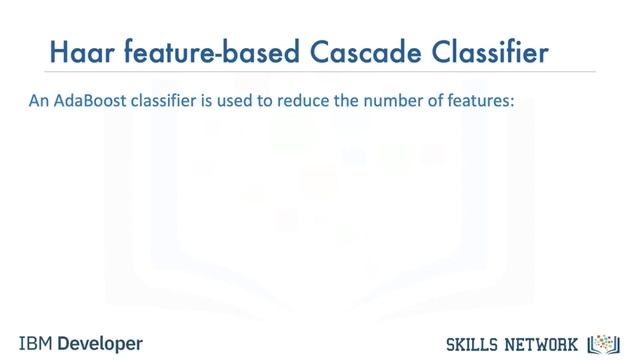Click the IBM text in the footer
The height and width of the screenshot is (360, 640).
pos(34,342)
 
